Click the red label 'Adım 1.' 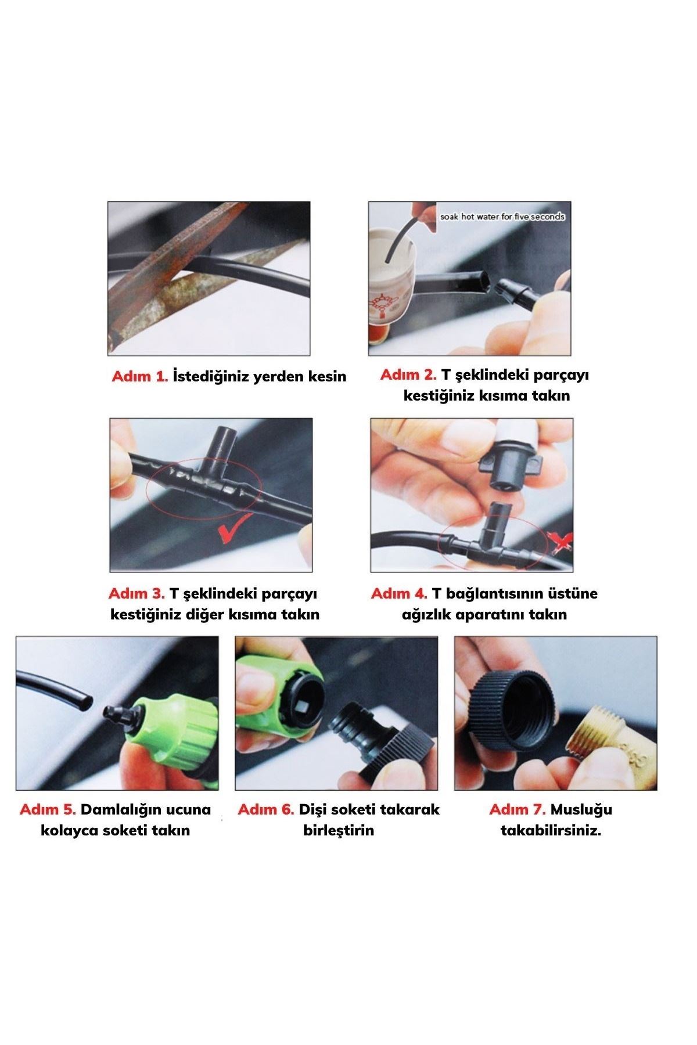pos(140,376)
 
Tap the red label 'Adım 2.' pos(408,375)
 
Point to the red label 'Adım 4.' pos(399,593)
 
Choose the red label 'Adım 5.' pos(48,809)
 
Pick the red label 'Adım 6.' pos(266,809)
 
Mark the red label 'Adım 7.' pos(518,809)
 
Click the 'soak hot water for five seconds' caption pos(502,217)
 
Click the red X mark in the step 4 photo pos(561,542)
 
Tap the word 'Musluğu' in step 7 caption pos(581,810)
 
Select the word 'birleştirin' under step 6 pos(339,831)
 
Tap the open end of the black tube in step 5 pos(85,704)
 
